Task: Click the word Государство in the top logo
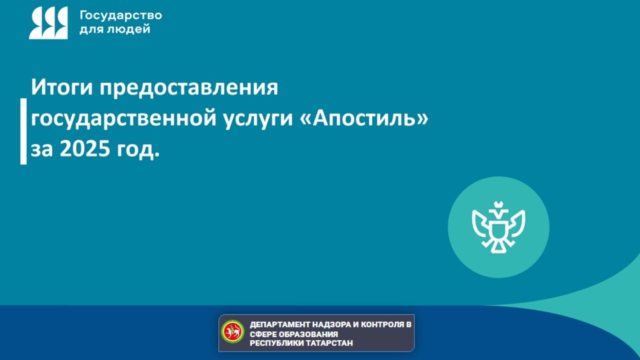(x=121, y=16)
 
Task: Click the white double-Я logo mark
(x=48, y=23)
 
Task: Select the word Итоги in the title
(x=62, y=87)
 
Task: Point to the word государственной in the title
(x=124, y=119)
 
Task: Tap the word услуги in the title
(x=258, y=119)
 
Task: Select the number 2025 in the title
(x=85, y=148)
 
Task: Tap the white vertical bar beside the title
(x=24, y=132)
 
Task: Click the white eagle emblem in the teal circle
(x=498, y=228)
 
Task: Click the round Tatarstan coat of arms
(x=232, y=332)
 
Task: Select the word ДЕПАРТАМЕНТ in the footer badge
(x=280, y=325)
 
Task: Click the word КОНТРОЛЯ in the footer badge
(x=382, y=324)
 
